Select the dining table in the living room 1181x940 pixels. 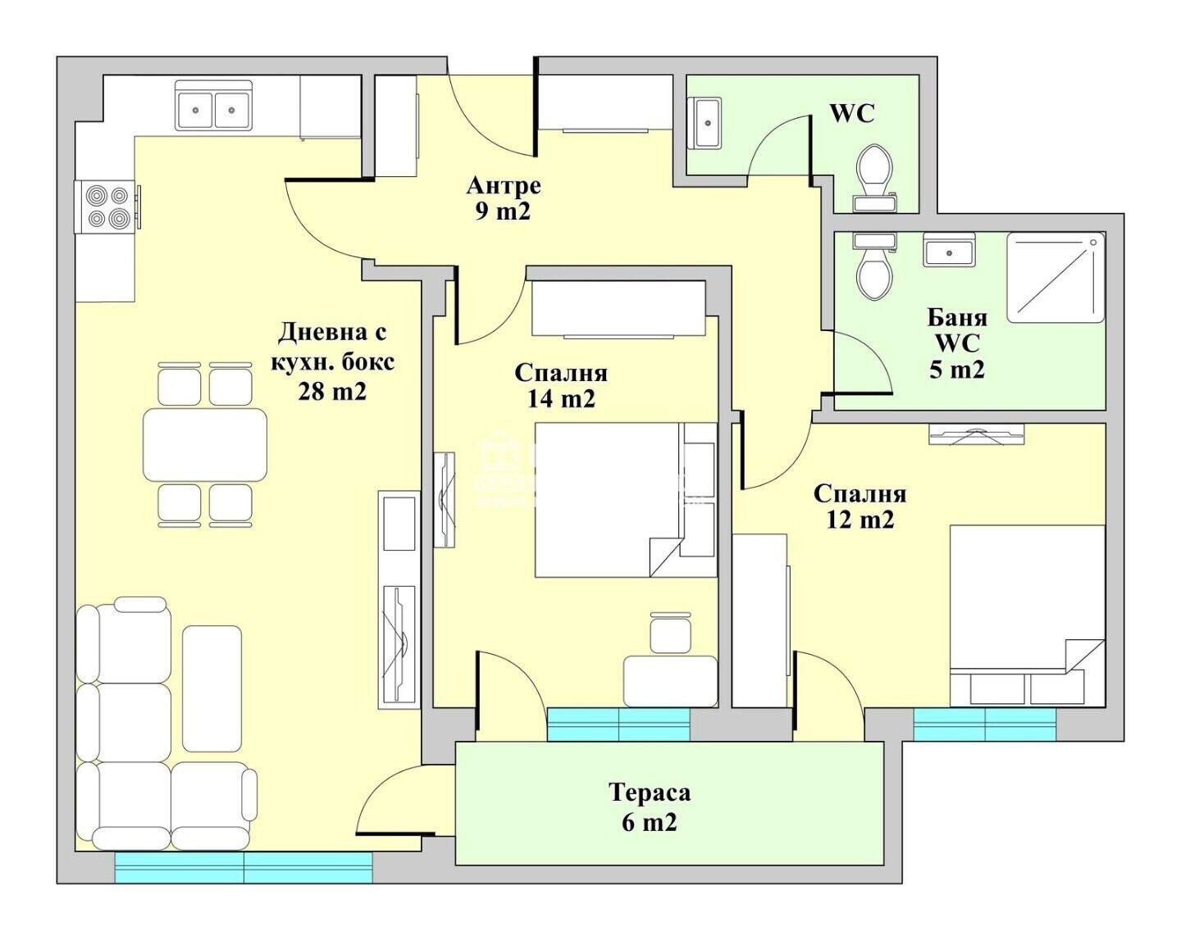205,445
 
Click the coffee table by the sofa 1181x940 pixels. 212,693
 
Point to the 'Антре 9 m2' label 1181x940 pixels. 504,198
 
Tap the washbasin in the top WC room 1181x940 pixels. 704,124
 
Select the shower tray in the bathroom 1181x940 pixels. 1056,278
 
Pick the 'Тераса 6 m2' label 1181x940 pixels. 650,807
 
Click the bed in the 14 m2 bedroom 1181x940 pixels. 626,500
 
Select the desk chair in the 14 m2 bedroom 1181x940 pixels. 669,633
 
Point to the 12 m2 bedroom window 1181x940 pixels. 985,724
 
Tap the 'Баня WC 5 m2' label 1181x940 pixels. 957,344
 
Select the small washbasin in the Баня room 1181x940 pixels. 949,250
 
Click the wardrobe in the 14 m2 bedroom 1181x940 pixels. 618,308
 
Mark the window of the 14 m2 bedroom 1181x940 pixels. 618,724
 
